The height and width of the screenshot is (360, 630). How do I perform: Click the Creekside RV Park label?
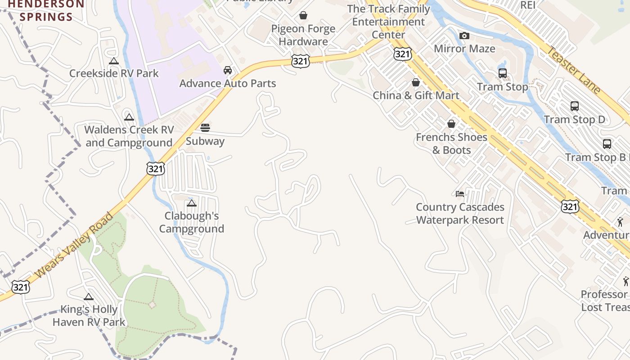[x=114, y=73]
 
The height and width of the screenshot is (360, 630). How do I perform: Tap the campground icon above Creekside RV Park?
[x=114, y=61]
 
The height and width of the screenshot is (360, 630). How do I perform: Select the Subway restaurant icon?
[x=205, y=128]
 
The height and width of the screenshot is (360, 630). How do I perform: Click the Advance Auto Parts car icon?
[x=228, y=70]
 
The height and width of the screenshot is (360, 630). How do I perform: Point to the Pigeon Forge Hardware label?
[x=303, y=35]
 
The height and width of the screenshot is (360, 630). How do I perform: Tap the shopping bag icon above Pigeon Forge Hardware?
[x=303, y=16]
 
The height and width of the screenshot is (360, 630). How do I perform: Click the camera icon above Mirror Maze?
[x=464, y=36]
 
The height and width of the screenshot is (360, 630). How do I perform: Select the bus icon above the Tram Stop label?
[x=503, y=73]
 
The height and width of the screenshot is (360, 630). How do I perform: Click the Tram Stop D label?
[x=575, y=120]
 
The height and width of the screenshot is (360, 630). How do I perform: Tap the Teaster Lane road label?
[x=573, y=70]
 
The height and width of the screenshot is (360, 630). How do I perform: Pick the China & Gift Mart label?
[x=416, y=95]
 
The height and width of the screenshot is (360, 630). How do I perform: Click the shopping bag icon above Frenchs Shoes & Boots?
[x=451, y=124]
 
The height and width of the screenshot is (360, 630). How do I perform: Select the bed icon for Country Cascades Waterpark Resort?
[x=460, y=194]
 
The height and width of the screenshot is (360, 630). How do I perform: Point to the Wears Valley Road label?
[x=74, y=245]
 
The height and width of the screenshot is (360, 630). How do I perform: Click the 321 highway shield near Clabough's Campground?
[x=155, y=169]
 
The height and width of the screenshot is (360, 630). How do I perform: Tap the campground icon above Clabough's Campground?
[x=192, y=203]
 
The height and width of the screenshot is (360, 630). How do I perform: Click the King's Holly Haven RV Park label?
[x=89, y=316]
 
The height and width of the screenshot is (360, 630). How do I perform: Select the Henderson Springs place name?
[x=47, y=11]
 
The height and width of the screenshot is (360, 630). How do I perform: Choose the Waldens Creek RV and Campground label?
[x=129, y=136]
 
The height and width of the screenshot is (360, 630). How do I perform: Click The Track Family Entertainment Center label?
[x=389, y=22]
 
